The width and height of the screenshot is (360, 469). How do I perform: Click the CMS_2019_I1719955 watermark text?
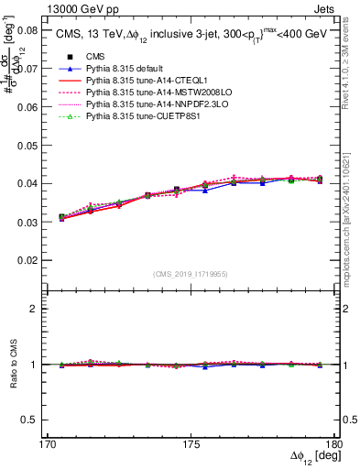click(190, 272)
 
